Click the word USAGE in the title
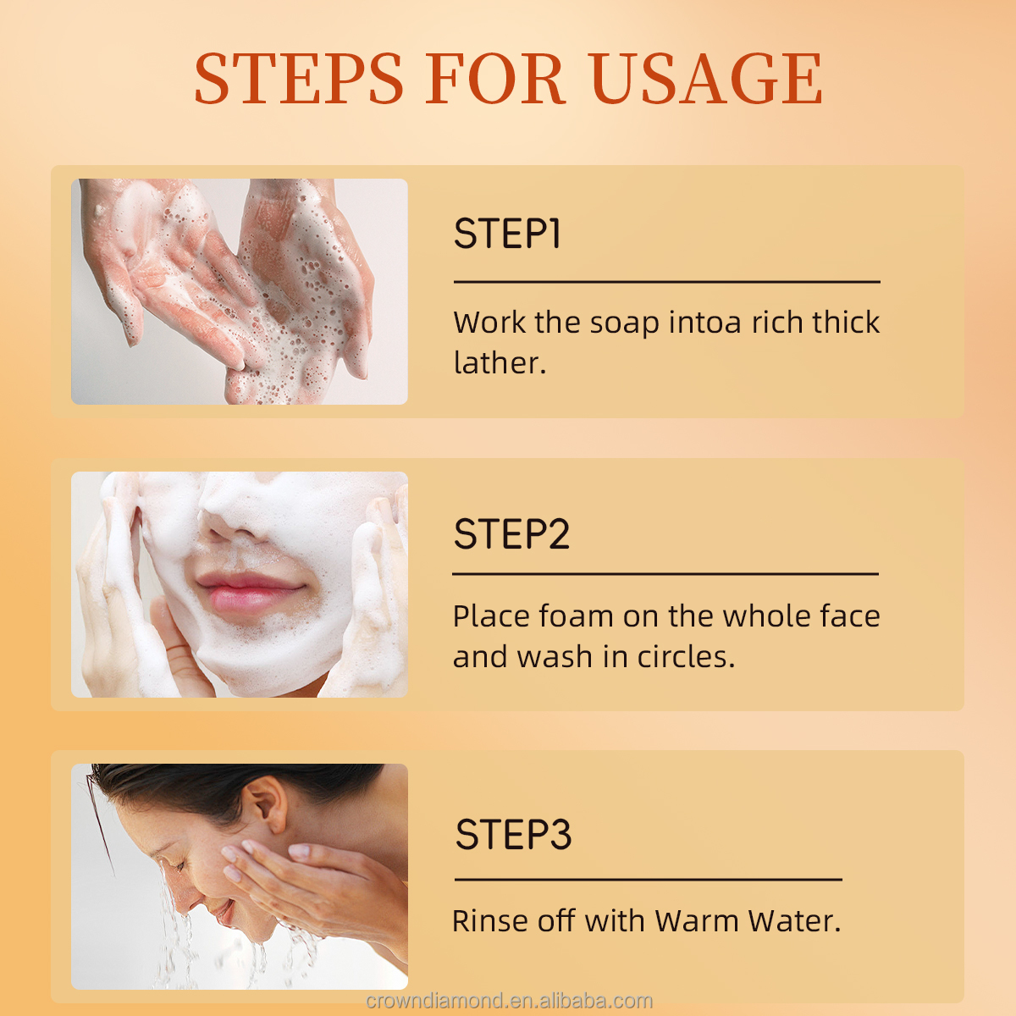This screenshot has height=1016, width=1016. point(704,79)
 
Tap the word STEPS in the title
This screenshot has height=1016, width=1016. point(299,79)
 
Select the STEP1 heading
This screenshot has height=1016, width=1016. point(507,234)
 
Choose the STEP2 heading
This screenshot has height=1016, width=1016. point(511,534)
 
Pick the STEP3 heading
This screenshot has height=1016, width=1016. point(513,835)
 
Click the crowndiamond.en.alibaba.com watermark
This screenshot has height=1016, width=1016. point(509,1002)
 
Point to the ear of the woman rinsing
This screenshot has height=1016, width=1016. point(266,804)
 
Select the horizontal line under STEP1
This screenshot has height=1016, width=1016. point(666,282)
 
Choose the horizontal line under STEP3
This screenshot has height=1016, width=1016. point(648,880)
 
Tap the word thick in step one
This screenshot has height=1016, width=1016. point(846,323)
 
